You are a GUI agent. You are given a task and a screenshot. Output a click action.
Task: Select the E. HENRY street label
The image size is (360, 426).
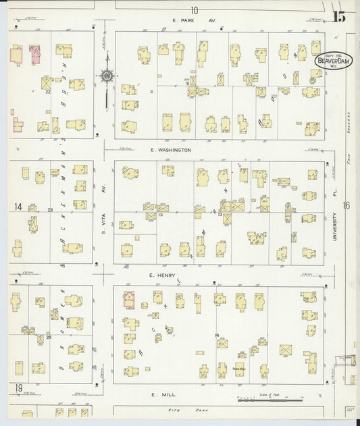coord(163,275)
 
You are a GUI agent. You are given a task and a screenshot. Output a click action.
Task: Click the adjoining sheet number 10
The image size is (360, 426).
coord(195,9)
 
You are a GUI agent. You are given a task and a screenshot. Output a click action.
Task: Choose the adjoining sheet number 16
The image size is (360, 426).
coord(346,206)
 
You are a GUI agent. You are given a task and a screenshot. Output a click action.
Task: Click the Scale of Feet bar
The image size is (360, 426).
coord(269,400)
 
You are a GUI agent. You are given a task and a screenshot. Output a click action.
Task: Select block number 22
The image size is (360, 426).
coord(48,92)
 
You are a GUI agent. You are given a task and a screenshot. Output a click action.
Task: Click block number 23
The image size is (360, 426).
coord(50,210)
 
